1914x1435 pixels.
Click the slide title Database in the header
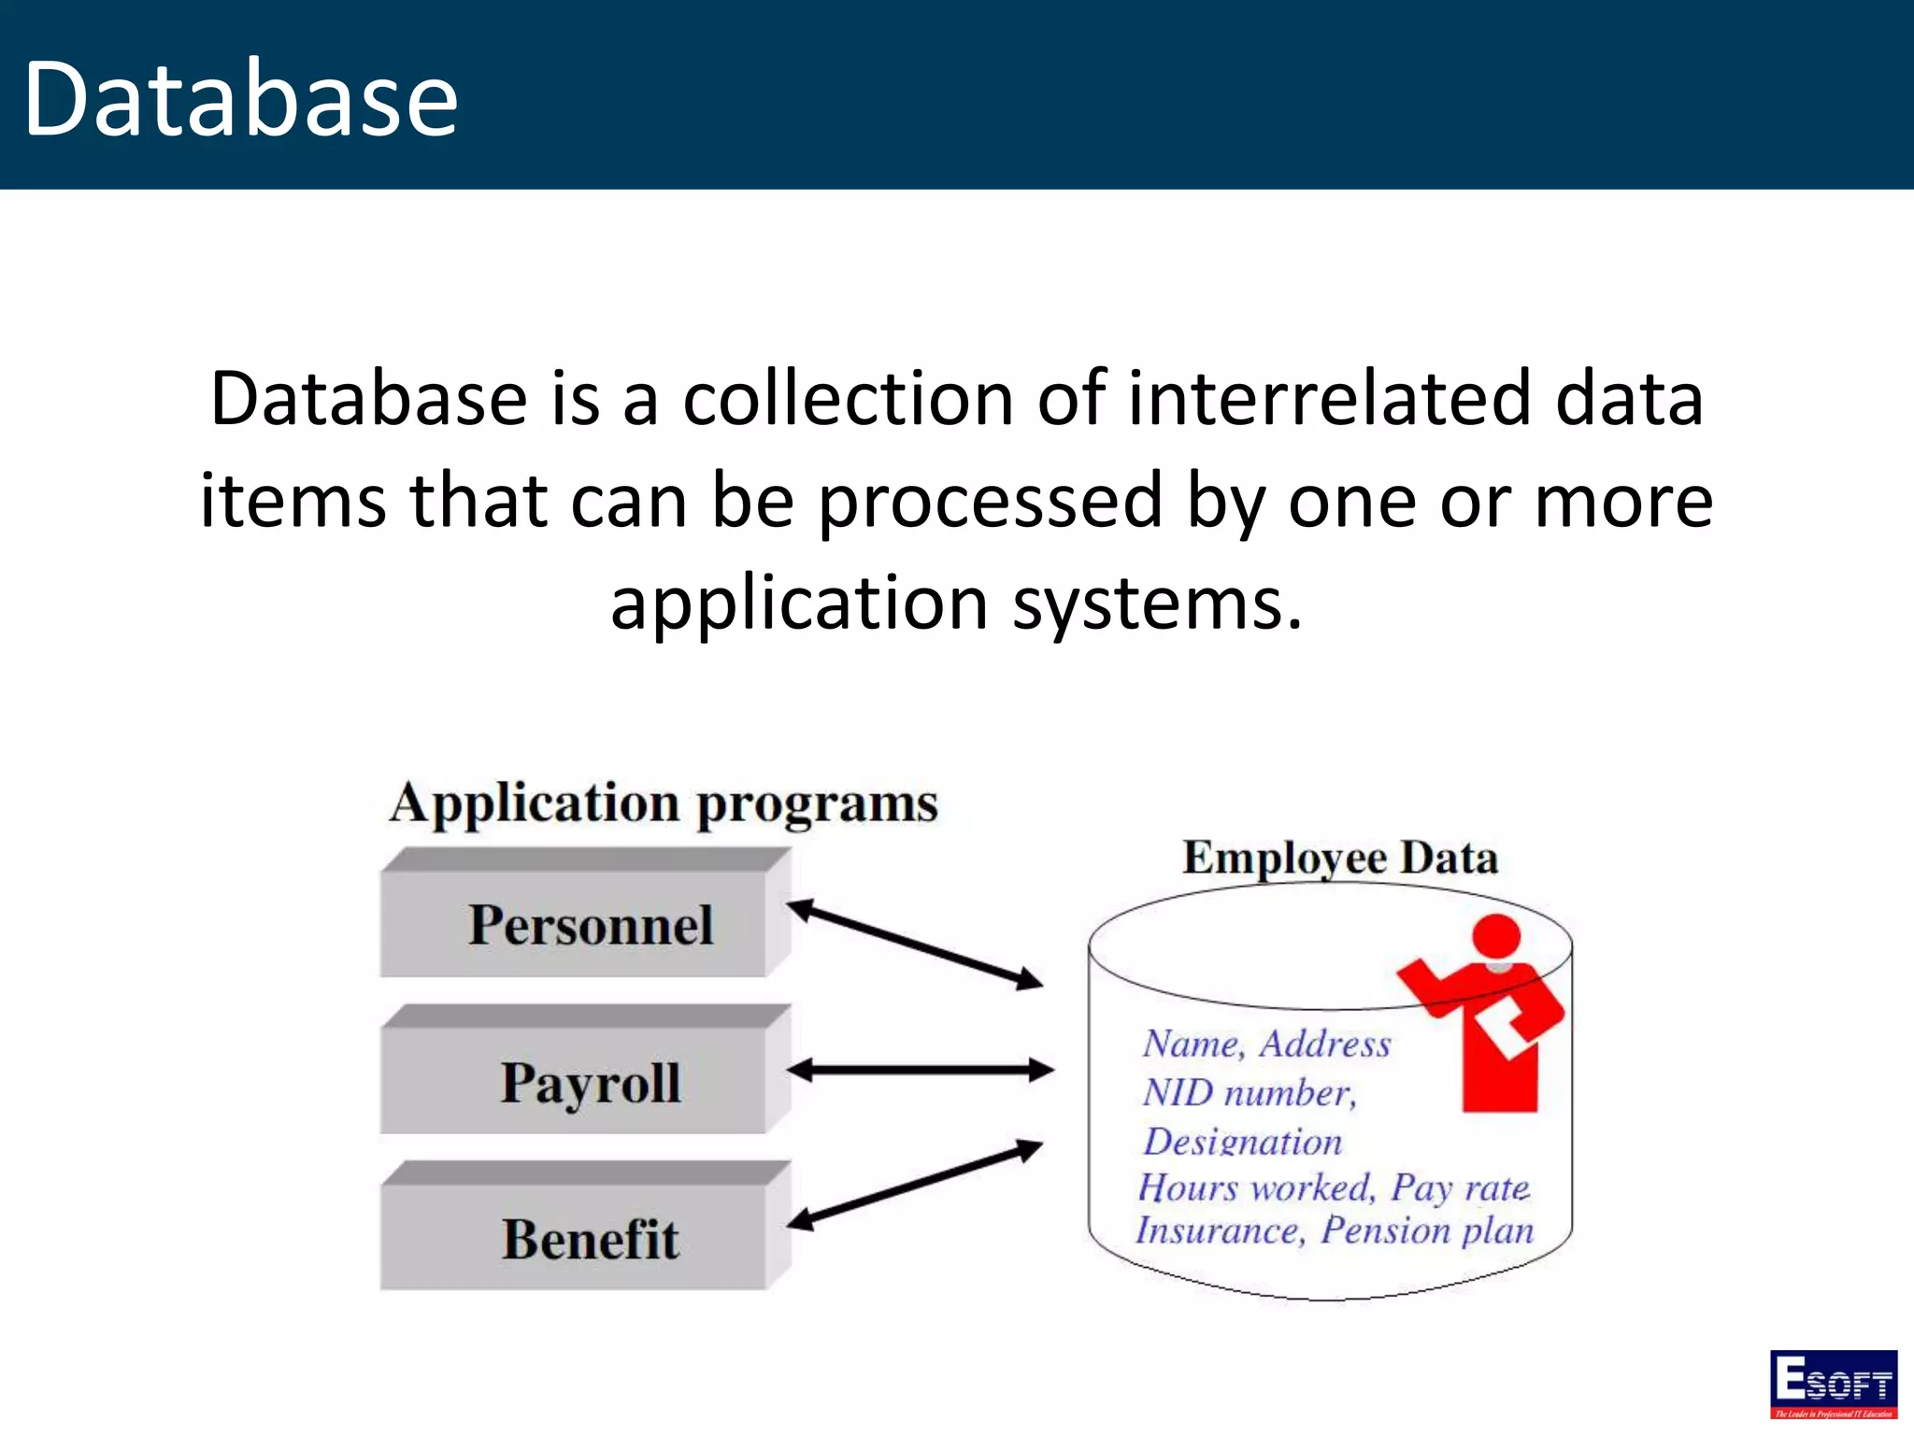click(x=240, y=99)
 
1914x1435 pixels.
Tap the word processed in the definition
click(x=991, y=502)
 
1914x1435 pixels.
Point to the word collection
click(x=848, y=399)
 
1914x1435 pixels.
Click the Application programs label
click(x=664, y=803)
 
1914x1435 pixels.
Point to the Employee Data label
click(x=1339, y=858)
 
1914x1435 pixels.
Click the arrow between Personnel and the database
click(x=914, y=944)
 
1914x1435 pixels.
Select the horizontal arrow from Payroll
click(x=920, y=1071)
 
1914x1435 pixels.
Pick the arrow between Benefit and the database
click(x=914, y=1183)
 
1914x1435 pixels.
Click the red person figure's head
click(x=1496, y=937)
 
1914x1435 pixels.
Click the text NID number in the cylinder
click(x=1249, y=1092)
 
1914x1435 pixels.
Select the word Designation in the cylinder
click(x=1243, y=1141)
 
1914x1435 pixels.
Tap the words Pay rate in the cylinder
click(x=1460, y=1187)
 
